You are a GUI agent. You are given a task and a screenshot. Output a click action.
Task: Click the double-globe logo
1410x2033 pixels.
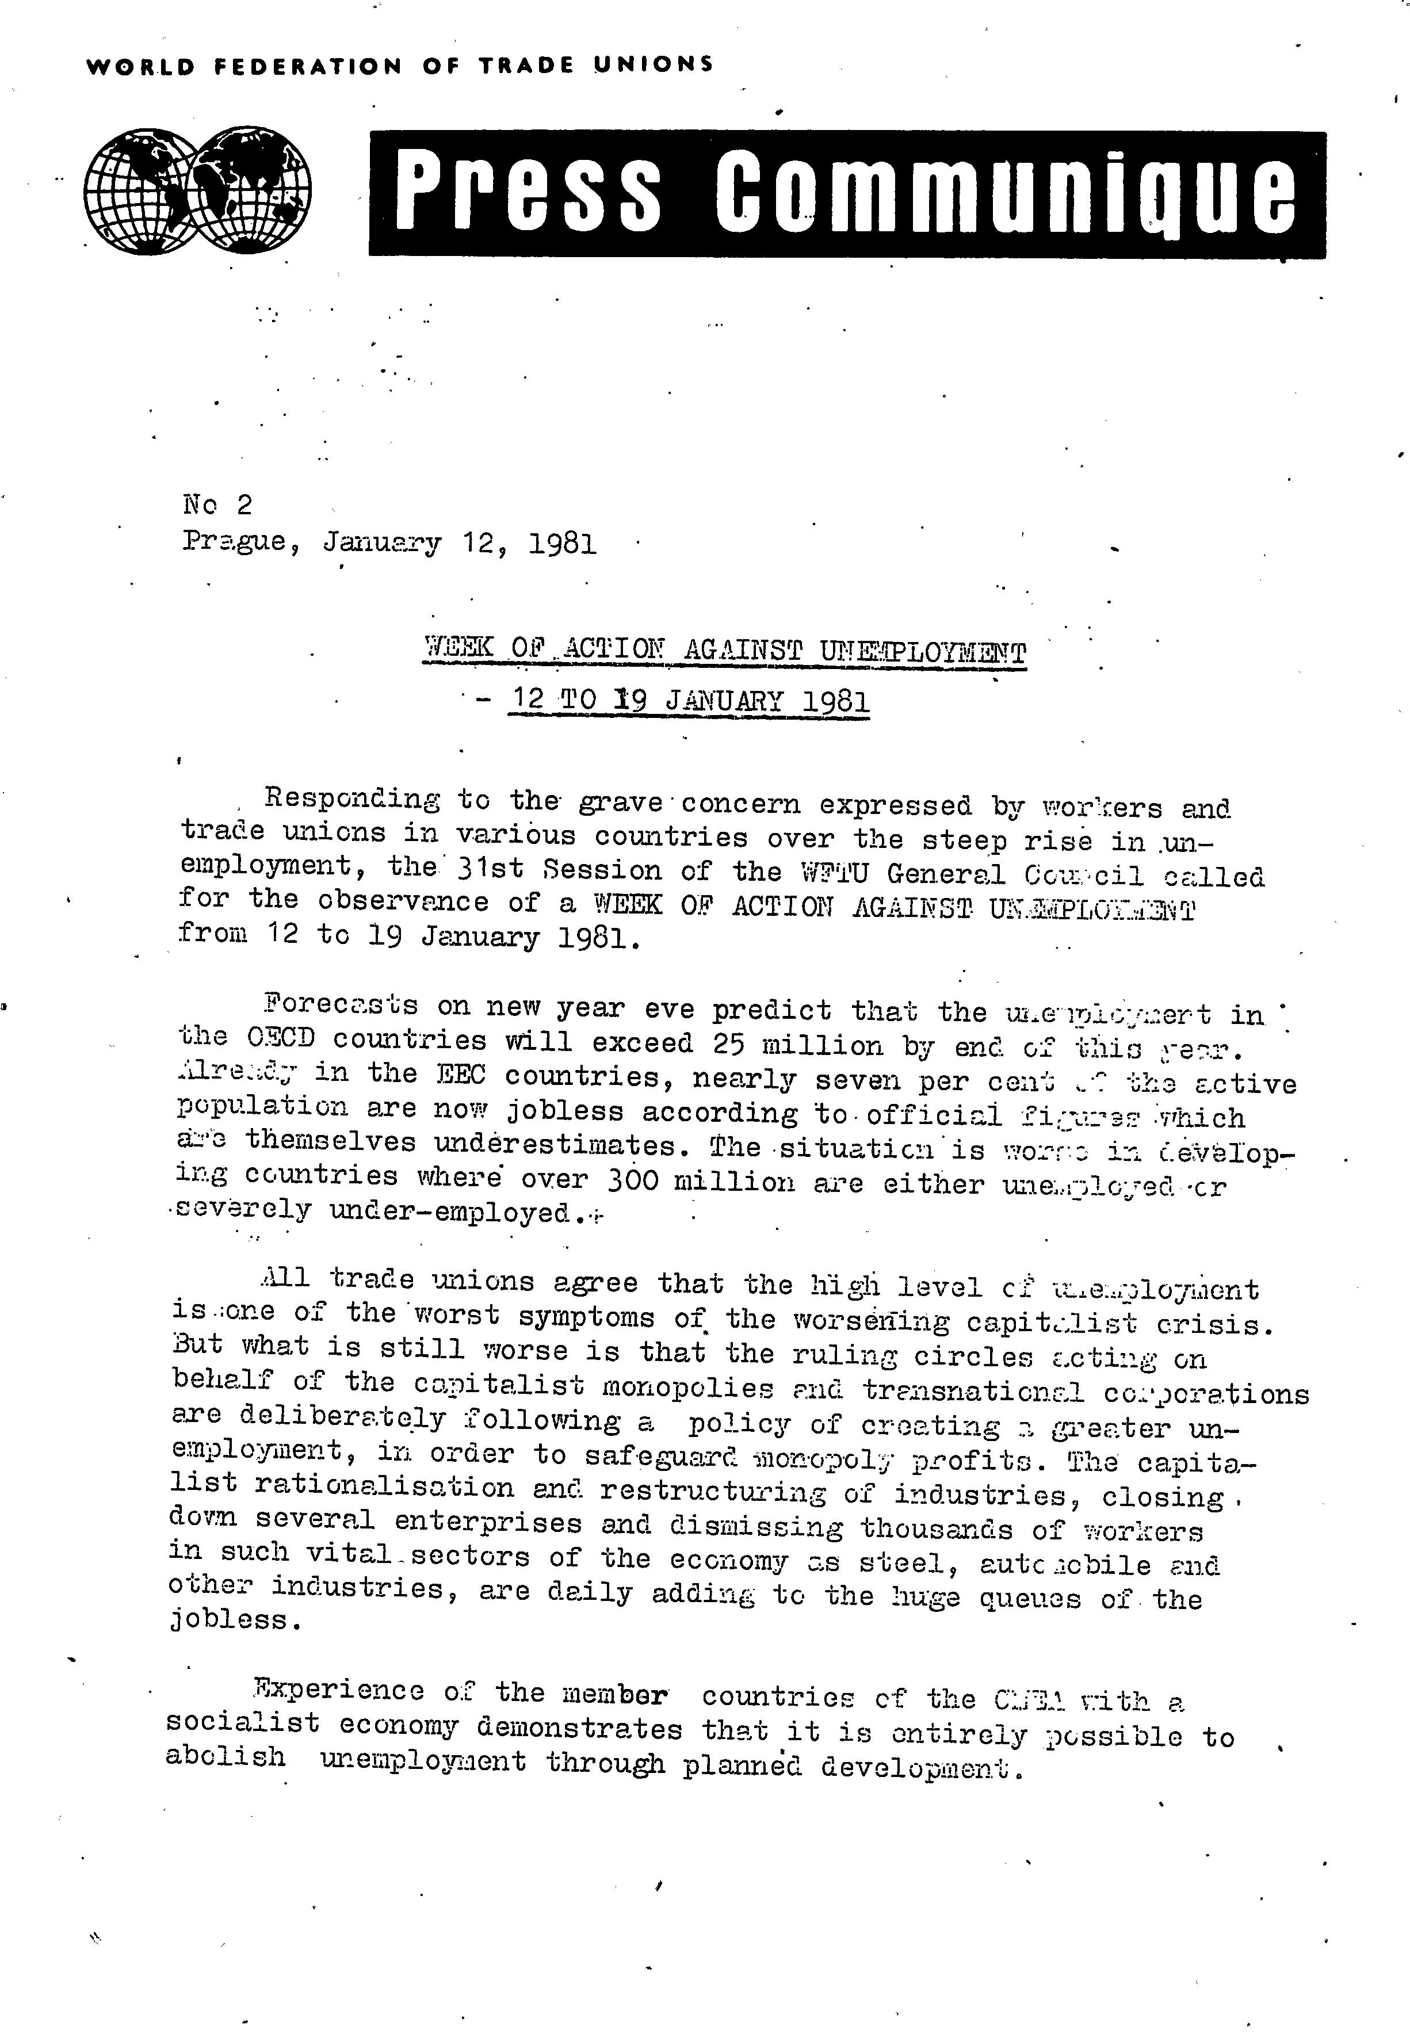tap(197, 190)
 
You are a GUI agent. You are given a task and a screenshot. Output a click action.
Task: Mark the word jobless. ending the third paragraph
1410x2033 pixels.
tap(234, 1619)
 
